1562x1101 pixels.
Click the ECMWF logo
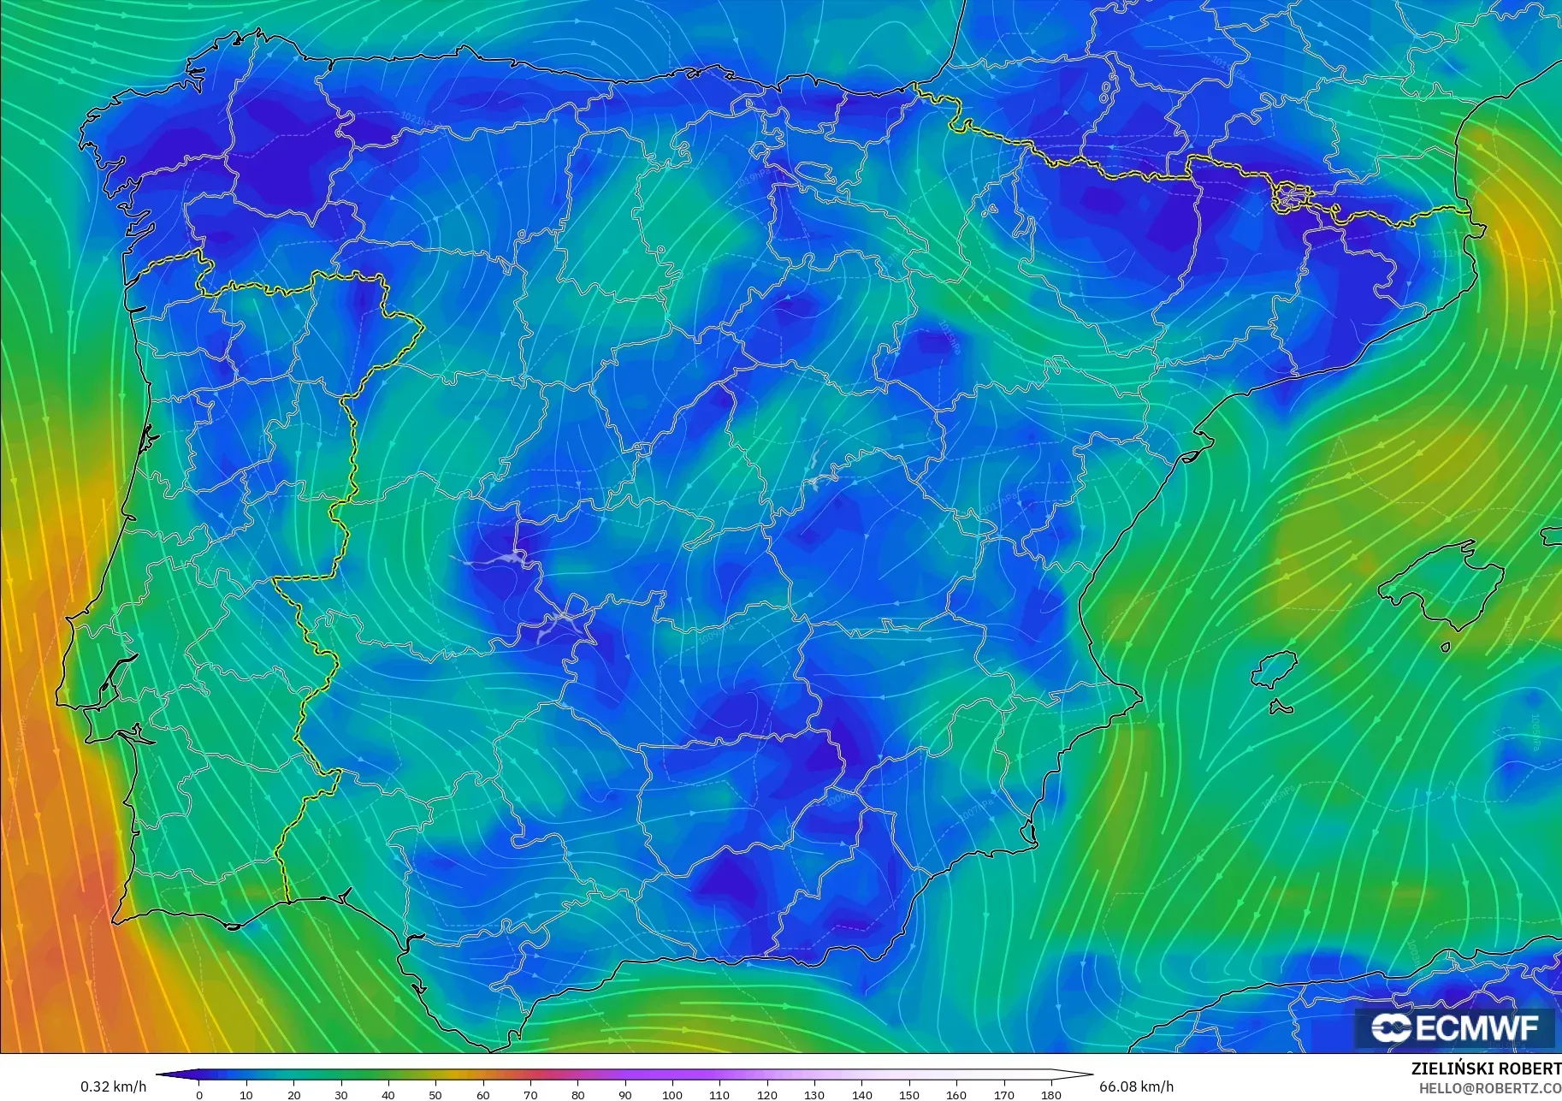(x=1454, y=1027)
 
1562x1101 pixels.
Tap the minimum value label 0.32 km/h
(x=113, y=1086)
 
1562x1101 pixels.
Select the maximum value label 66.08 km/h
(x=1136, y=1086)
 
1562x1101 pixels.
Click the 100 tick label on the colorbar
(x=672, y=1095)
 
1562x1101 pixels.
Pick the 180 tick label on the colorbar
(x=1051, y=1095)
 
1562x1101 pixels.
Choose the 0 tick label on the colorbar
(x=199, y=1095)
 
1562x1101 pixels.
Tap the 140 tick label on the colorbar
(x=861, y=1095)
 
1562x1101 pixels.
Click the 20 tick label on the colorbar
(x=294, y=1095)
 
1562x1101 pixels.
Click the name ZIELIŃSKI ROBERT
(x=1486, y=1069)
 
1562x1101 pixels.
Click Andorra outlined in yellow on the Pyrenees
(x=1289, y=197)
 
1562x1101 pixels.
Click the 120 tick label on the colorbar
(x=767, y=1095)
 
